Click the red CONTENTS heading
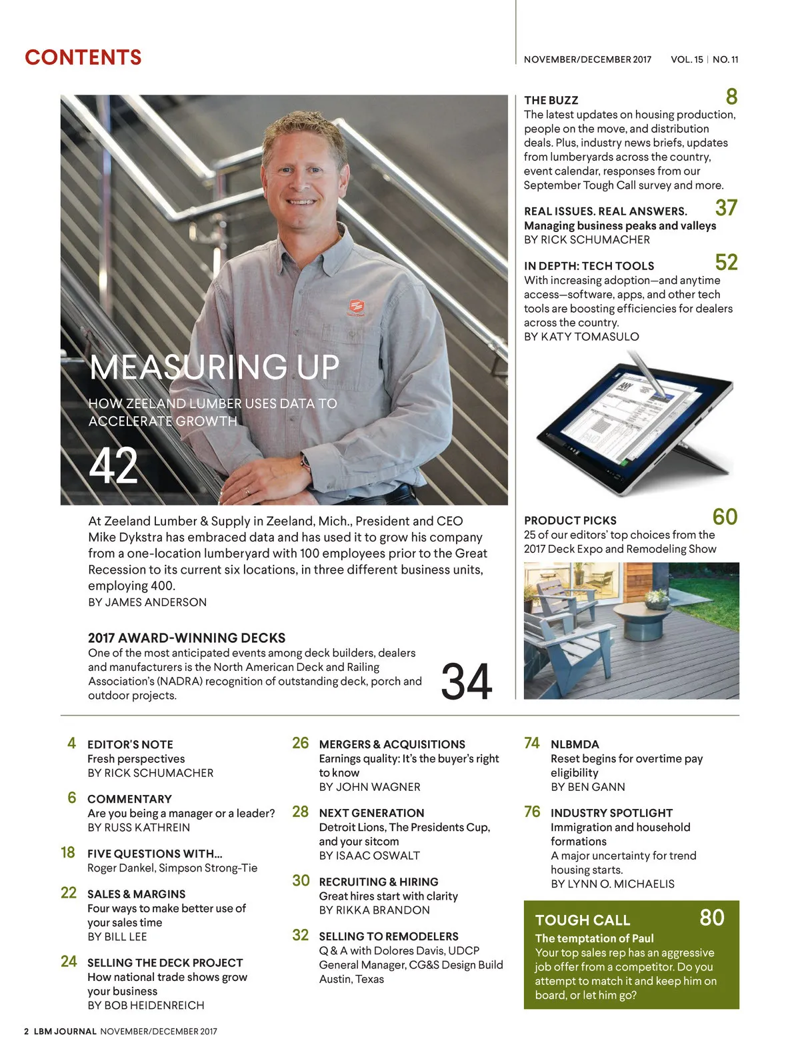[83, 57]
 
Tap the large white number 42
[113, 467]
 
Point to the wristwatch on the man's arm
[306, 462]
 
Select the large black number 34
[467, 682]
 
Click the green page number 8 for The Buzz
[731, 97]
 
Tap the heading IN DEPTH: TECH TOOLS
[589, 265]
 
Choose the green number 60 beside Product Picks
[725, 517]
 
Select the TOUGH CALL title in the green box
[582, 920]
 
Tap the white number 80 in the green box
[711, 918]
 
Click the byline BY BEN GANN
[587, 787]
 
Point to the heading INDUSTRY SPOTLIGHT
[611, 813]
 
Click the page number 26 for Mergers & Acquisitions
[301, 743]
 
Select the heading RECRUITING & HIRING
[378, 882]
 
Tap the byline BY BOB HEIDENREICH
[146, 1005]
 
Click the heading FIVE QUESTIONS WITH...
[155, 854]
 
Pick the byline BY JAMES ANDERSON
[147, 602]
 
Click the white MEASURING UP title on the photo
[214, 367]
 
